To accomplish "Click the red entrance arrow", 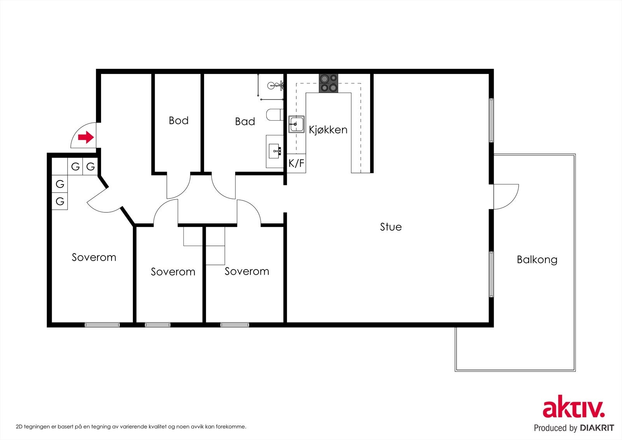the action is click(x=86, y=137).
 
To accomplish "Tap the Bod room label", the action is click(x=178, y=120).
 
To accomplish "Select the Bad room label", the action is click(x=245, y=121).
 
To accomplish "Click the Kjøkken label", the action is click(x=328, y=130).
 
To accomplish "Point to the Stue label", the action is click(x=391, y=227).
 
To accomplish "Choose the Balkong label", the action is click(x=537, y=259).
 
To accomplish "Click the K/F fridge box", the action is click(x=296, y=163).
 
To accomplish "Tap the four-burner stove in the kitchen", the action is click(x=328, y=83).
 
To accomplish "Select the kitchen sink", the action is click(x=296, y=124).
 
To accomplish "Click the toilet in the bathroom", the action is click(x=274, y=114).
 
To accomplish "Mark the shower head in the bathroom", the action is click(x=275, y=85).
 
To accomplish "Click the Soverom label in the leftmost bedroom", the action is click(x=94, y=258).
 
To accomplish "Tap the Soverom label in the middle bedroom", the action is click(x=173, y=272).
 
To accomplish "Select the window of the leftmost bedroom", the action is click(x=102, y=324).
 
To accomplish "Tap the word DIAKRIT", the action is click(x=596, y=428).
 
